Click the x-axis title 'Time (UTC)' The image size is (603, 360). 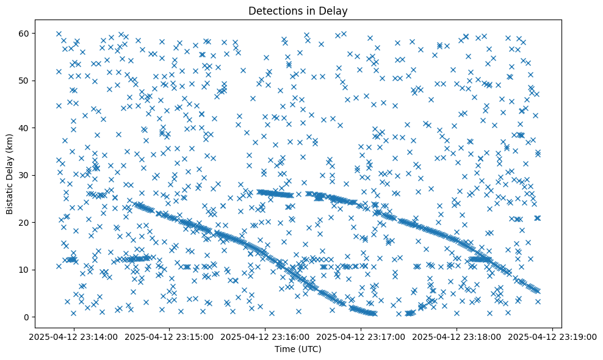[x=298, y=349]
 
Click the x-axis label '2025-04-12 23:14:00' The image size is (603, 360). [x=74, y=336]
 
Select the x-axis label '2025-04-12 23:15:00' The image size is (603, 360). [x=170, y=336]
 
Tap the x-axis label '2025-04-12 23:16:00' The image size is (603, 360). [x=265, y=336]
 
